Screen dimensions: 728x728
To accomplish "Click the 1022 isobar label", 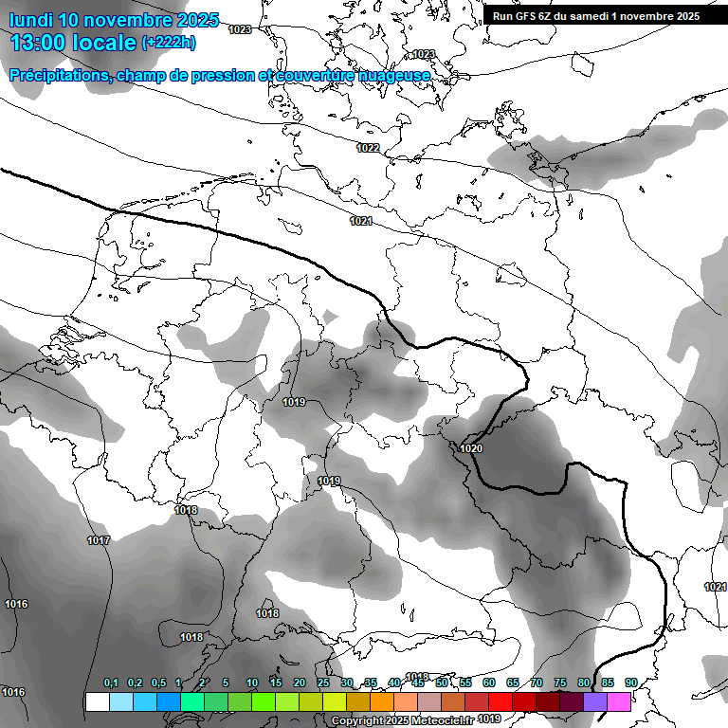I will click(x=368, y=148).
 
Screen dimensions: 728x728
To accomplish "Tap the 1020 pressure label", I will click(x=471, y=448).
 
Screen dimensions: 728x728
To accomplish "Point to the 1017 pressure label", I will click(x=99, y=541).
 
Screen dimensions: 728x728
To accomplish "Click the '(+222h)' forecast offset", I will click(x=169, y=43).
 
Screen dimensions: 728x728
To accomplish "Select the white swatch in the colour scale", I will click(x=97, y=702).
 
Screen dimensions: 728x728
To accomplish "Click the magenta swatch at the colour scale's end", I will click(x=619, y=702).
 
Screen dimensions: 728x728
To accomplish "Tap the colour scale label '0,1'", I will click(x=111, y=683).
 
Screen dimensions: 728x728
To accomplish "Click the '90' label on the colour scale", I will click(x=631, y=683).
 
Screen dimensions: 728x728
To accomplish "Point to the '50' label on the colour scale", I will click(x=442, y=683).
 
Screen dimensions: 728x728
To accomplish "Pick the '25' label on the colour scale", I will click(x=323, y=683).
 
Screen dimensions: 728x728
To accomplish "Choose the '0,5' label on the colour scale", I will click(x=158, y=683).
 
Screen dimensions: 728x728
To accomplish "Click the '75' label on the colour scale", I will click(x=560, y=683).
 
